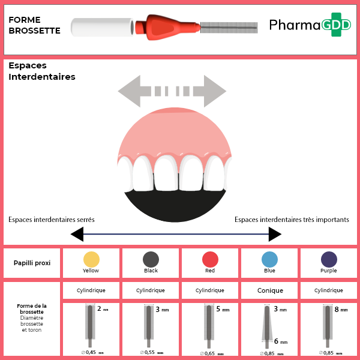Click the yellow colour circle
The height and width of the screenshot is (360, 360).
(x=91, y=259)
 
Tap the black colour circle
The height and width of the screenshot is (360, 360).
(x=151, y=259)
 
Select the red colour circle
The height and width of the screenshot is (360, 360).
(x=210, y=259)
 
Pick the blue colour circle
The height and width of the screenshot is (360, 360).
(x=269, y=259)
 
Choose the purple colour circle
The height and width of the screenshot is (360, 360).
(x=329, y=259)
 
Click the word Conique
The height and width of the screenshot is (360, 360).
(x=269, y=290)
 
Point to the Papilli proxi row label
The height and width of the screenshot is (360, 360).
(x=32, y=263)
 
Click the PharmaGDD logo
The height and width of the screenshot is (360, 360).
(x=309, y=25)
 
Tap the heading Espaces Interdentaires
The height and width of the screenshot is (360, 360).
(x=41, y=71)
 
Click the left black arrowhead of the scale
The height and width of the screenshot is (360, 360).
(x=77, y=234)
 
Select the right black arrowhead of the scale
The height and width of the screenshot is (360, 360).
(x=275, y=234)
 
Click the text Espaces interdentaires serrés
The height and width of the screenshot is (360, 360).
(x=52, y=220)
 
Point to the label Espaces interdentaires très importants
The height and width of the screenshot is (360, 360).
(x=292, y=220)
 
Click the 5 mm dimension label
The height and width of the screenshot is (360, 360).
(x=221, y=310)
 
